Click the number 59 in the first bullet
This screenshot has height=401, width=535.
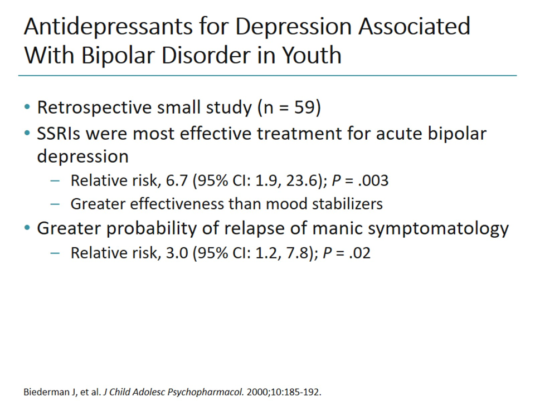pyautogui.click(x=305, y=107)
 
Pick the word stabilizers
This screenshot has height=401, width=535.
pyautogui.click(x=352, y=203)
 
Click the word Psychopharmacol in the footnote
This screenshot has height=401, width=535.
pyautogui.click(x=206, y=392)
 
